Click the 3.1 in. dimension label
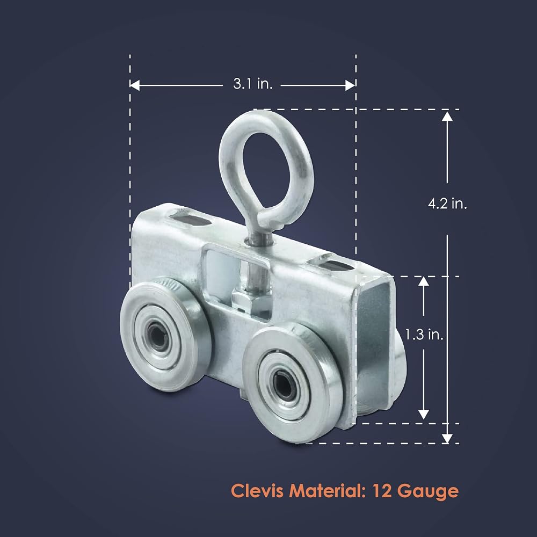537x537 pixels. (x=253, y=84)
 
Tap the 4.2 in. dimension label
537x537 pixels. (x=447, y=204)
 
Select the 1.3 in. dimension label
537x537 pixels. (x=424, y=334)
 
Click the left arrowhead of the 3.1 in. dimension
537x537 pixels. (x=135, y=85)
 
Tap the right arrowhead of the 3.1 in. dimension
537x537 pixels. (x=350, y=85)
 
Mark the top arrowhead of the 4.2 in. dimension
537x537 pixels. (x=447, y=117)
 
